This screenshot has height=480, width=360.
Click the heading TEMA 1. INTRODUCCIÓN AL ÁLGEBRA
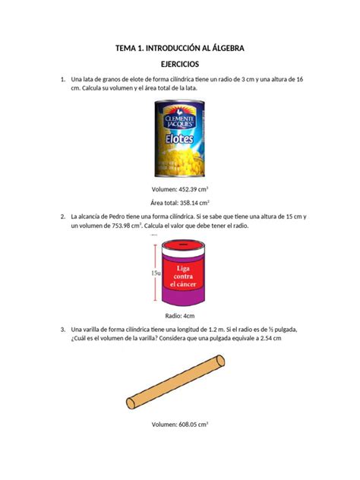click(x=179, y=49)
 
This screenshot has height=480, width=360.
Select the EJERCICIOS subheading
click(x=179, y=65)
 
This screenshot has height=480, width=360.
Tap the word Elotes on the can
click(x=180, y=142)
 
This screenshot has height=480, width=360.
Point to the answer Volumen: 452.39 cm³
click(x=180, y=188)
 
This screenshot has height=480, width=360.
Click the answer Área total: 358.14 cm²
click(x=180, y=203)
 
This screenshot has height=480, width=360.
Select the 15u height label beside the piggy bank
click(x=155, y=273)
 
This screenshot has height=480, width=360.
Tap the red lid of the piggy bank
click(x=181, y=245)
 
